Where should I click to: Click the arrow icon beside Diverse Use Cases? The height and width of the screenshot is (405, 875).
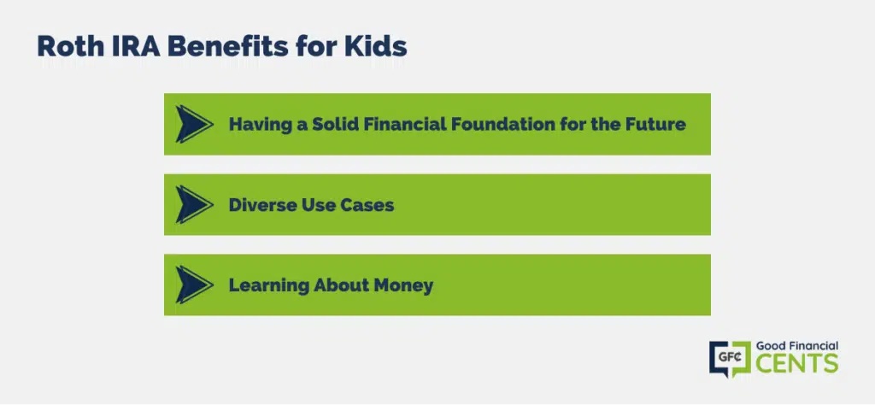point(194,205)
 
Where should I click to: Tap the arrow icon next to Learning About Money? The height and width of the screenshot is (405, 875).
point(194,285)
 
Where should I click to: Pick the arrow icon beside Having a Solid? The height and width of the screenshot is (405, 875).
point(194,124)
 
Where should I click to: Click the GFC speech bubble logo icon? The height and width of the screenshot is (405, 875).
point(730,359)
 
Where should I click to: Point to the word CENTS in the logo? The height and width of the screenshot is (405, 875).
point(797,363)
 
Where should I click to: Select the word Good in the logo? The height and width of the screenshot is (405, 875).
point(770,346)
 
